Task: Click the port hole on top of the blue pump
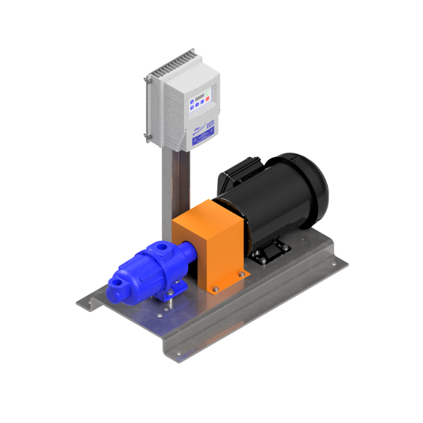163,248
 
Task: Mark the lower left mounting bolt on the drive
148,137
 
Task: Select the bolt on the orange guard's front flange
213,292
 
